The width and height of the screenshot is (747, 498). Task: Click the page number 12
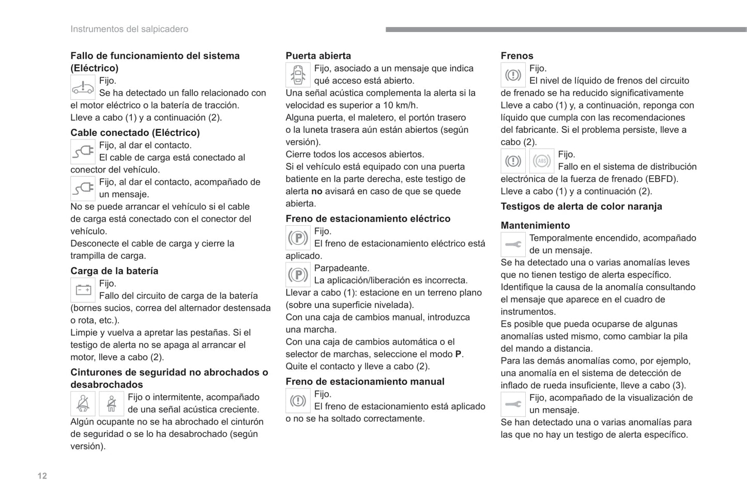coord(42,476)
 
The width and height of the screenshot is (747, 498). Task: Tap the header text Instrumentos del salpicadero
coord(129,29)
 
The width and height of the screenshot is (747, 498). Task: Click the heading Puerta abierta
coord(318,56)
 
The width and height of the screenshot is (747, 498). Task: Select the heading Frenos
coord(516,56)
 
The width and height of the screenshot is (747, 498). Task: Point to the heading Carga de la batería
coord(114,271)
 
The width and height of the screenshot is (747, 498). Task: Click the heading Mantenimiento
coord(535,225)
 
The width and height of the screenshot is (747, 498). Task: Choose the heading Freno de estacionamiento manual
coord(364,381)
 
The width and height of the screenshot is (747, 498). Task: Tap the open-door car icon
coord(298,75)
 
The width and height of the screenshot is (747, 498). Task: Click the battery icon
coord(83,290)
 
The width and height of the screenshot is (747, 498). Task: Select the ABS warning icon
coord(541,161)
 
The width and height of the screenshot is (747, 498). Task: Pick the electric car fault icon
coord(83,87)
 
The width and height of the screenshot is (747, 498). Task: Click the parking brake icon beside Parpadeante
coord(298,274)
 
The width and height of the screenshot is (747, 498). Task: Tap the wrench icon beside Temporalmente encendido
coord(513,244)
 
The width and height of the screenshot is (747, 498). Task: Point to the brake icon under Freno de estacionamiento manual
coord(298,400)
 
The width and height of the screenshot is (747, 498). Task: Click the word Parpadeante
coord(342,268)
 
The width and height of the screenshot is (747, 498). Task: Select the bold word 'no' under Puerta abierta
coord(316,191)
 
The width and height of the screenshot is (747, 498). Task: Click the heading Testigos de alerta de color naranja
coord(581,206)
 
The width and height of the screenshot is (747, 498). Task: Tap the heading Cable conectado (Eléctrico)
coord(135,133)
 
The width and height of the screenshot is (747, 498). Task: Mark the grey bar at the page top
coord(566,30)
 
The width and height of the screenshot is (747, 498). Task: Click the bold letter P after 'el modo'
coord(458,354)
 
